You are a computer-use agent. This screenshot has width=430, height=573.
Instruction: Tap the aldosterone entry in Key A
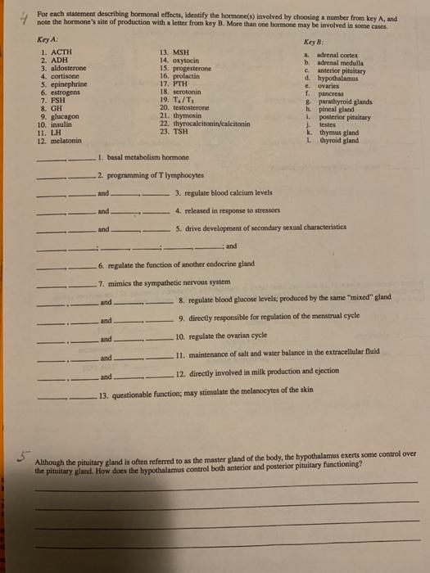(x=61, y=68)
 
